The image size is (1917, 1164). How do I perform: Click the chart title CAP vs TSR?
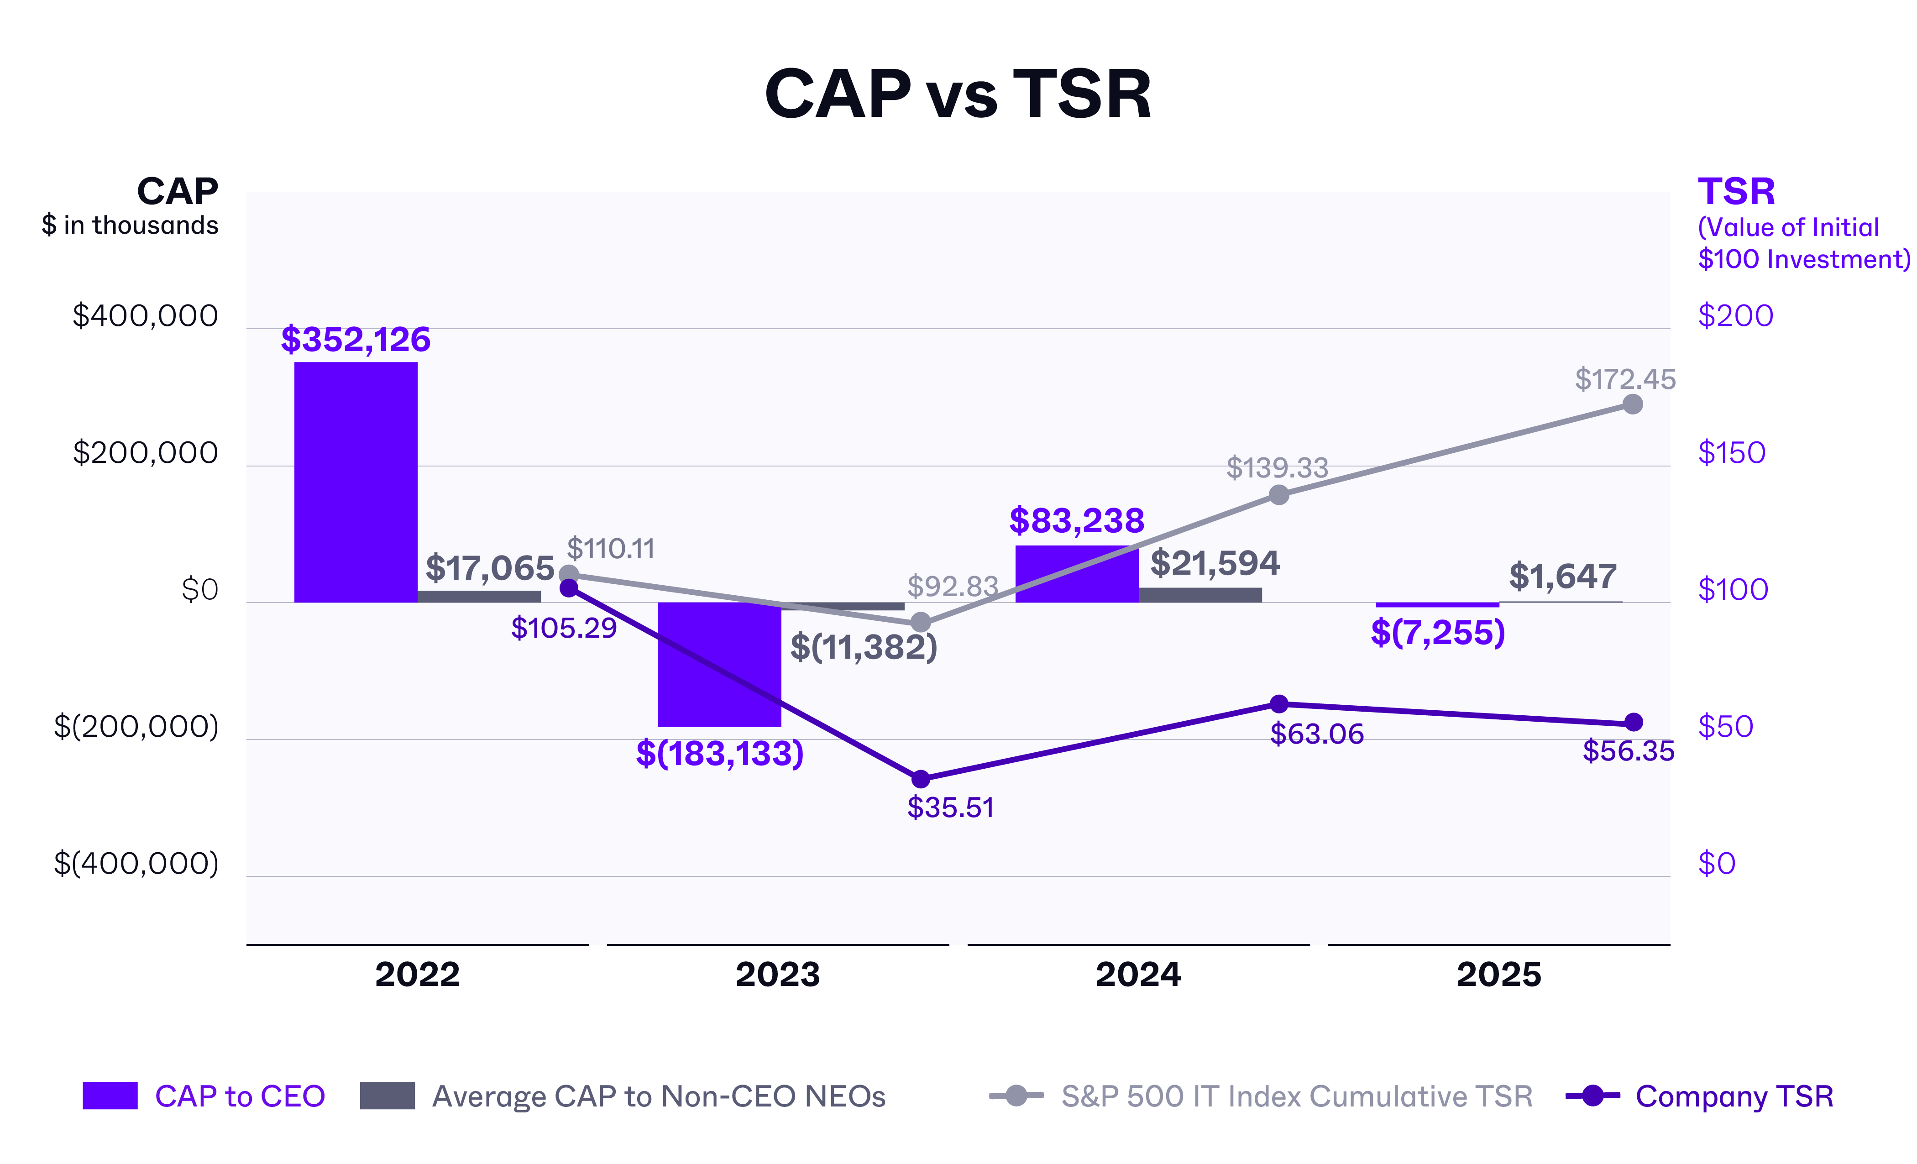point(958,94)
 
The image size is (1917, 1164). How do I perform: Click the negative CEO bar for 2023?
point(719,665)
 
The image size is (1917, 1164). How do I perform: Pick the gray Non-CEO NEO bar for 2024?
point(1199,594)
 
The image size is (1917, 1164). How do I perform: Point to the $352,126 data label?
point(356,340)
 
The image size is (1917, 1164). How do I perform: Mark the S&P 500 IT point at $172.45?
point(1632,404)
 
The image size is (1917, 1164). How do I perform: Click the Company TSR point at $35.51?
point(920,779)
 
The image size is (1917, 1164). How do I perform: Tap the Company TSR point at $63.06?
point(1279,704)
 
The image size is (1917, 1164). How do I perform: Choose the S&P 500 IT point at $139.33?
point(1279,495)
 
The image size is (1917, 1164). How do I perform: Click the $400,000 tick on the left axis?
point(146,316)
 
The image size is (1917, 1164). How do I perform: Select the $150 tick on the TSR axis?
point(1731,453)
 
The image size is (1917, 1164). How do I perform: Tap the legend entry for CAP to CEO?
point(204,1096)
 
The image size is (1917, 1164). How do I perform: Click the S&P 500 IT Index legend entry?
point(1260,1096)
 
